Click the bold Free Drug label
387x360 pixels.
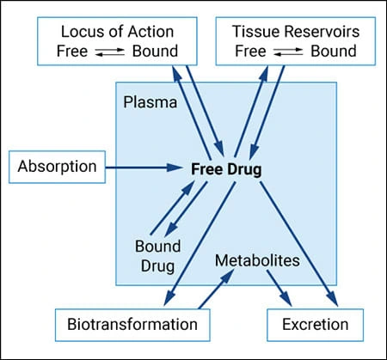pyautogui.click(x=226, y=168)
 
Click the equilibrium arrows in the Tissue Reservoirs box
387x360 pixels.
pyautogui.click(x=286, y=51)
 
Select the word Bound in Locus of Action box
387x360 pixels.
pyautogui.click(x=155, y=50)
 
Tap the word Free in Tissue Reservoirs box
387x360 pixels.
pyautogui.click(x=250, y=50)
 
